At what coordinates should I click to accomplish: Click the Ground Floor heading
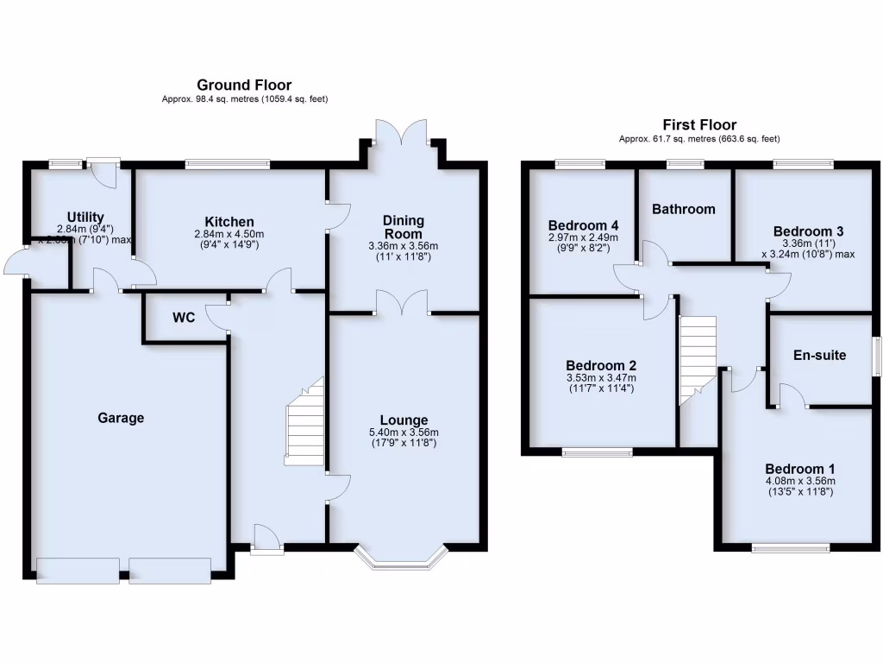[244, 85]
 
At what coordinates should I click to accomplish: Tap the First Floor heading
[699, 125]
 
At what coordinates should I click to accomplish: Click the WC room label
[184, 318]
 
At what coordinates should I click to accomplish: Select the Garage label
[121, 418]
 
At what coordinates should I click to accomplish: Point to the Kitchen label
[229, 222]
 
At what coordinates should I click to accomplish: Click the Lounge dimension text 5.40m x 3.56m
[404, 433]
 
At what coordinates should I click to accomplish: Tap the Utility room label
[85, 217]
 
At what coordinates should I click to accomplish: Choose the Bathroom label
[684, 209]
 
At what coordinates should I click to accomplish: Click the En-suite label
[820, 355]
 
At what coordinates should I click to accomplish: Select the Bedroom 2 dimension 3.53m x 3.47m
[601, 377]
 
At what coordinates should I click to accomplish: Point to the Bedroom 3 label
[808, 230]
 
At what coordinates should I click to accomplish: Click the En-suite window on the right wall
[876, 356]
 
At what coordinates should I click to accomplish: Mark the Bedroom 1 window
[790, 547]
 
